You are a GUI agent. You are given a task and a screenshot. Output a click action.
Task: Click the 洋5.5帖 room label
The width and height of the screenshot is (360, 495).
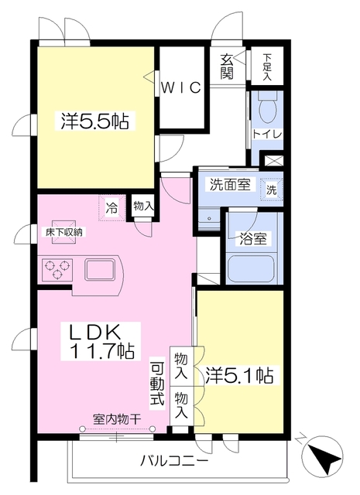click(x=95, y=121)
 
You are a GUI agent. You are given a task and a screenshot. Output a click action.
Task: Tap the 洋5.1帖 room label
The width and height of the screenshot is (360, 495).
click(x=238, y=377)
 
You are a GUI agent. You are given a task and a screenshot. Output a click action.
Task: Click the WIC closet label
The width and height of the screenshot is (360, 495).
click(x=182, y=87)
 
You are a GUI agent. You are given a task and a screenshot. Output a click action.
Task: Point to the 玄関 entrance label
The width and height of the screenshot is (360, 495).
click(x=228, y=65)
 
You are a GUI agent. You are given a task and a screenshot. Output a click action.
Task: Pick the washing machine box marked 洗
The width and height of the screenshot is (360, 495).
click(x=272, y=189)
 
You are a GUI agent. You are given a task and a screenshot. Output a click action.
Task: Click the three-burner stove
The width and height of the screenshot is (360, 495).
click(x=58, y=270)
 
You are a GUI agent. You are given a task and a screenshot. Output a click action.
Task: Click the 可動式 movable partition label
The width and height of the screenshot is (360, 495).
click(x=157, y=384)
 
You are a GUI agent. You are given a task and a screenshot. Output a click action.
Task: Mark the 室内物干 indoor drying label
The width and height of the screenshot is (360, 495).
click(x=117, y=418)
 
